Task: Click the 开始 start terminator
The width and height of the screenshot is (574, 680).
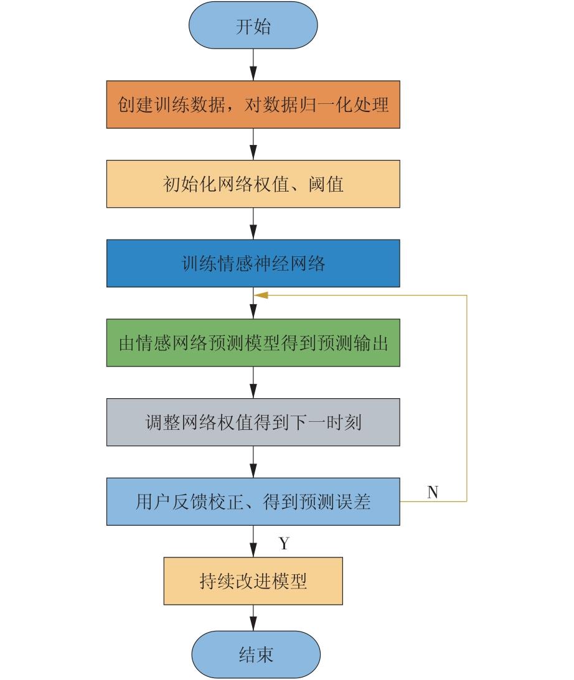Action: [253, 25]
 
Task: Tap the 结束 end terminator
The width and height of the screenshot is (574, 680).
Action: [256, 654]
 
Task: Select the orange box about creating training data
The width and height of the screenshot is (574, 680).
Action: [253, 105]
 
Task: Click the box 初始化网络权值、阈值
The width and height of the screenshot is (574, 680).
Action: [253, 184]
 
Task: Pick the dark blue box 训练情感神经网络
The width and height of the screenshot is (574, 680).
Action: [253, 263]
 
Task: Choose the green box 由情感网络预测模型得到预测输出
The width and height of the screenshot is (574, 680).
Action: [253, 343]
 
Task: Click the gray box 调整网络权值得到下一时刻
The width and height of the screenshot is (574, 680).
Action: [253, 422]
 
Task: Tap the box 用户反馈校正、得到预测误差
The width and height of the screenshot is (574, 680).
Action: [253, 502]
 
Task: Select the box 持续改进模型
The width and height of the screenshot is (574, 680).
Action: [253, 581]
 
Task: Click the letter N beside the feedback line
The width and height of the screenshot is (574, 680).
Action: [433, 492]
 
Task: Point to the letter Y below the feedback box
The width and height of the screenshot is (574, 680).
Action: [284, 543]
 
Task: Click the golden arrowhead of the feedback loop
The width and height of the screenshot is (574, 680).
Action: [261, 296]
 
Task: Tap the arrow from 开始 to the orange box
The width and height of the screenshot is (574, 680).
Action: [253, 65]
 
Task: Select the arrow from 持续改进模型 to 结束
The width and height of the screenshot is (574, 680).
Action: [253, 618]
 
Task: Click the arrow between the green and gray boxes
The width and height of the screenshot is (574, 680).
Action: [253, 383]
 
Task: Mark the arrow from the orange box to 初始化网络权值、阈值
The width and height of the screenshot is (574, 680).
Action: [253, 144]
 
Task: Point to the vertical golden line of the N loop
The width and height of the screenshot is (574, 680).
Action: [467, 399]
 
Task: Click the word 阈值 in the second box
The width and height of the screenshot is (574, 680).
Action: [326, 184]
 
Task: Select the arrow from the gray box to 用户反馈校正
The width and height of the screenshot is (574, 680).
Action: [253, 462]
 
